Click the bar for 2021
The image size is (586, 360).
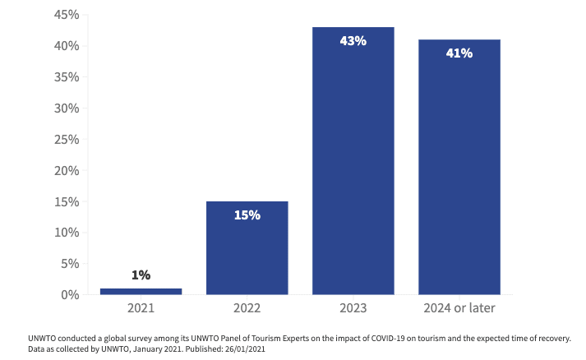pyautogui.click(x=141, y=291)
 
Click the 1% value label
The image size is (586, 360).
pyautogui.click(x=141, y=275)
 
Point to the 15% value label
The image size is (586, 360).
pyautogui.click(x=247, y=215)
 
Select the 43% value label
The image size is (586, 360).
pyautogui.click(x=353, y=39)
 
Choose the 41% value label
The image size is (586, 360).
pyautogui.click(x=459, y=53)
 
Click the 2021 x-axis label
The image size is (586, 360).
pyautogui.click(x=141, y=308)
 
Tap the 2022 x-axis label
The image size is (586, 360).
pyautogui.click(x=247, y=308)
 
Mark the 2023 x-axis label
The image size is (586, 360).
pyautogui.click(x=353, y=308)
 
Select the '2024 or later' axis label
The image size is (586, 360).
pyautogui.click(x=459, y=308)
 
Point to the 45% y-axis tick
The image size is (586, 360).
pyautogui.click(x=67, y=15)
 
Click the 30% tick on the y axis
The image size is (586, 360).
pyautogui.click(x=67, y=108)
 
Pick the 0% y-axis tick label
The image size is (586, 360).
pyautogui.click(x=71, y=294)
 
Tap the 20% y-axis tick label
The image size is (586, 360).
pyautogui.click(x=67, y=170)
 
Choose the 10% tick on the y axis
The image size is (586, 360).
pyautogui.click(x=67, y=232)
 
